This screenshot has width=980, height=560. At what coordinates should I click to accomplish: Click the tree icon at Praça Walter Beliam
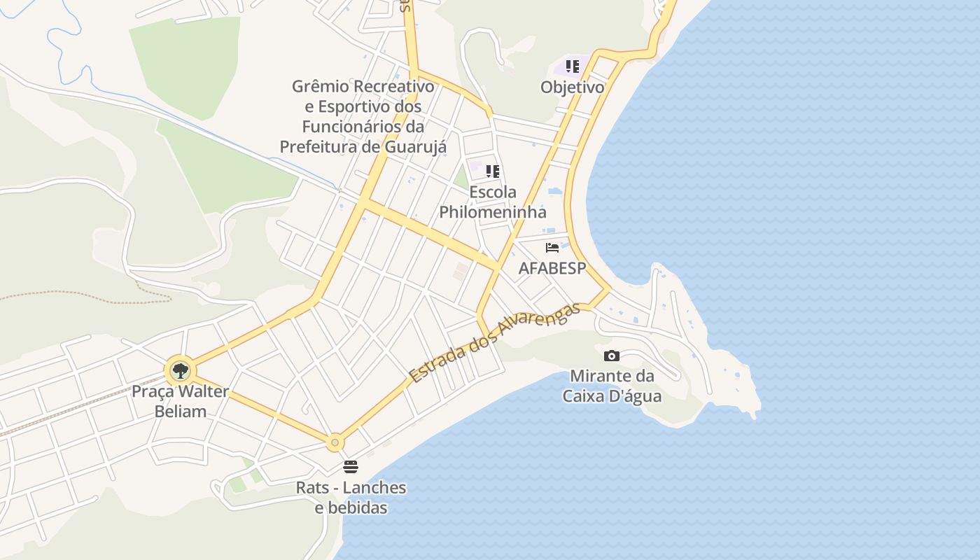click(181, 370)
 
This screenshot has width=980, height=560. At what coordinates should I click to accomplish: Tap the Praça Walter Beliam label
click(180, 400)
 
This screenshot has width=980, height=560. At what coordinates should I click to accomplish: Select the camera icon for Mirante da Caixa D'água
click(612, 356)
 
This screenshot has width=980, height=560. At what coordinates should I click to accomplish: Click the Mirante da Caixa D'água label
click(612, 386)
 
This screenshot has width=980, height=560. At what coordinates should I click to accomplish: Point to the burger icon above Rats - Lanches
click(351, 467)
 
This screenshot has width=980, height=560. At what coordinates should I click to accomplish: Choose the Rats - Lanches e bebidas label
click(351, 497)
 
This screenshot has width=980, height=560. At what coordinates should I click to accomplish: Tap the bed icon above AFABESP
click(552, 247)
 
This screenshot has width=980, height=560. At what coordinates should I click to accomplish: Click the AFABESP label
click(552, 268)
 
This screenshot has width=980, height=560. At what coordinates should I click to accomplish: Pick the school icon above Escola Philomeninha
click(493, 171)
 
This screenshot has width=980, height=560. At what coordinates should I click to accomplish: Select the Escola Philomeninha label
click(492, 202)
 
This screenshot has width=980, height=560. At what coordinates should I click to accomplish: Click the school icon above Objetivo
click(573, 66)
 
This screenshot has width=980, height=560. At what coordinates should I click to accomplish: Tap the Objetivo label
click(572, 87)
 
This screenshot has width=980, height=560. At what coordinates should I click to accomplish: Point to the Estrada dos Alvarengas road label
click(495, 343)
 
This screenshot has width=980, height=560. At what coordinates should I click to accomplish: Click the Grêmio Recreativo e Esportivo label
click(363, 116)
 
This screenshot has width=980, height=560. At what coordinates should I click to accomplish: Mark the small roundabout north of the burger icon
click(335, 442)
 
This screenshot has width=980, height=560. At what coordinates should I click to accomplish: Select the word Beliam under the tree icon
click(180, 411)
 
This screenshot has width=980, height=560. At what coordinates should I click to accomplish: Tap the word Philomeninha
click(492, 211)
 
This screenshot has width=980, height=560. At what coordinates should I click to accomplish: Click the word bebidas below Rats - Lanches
click(351, 507)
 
